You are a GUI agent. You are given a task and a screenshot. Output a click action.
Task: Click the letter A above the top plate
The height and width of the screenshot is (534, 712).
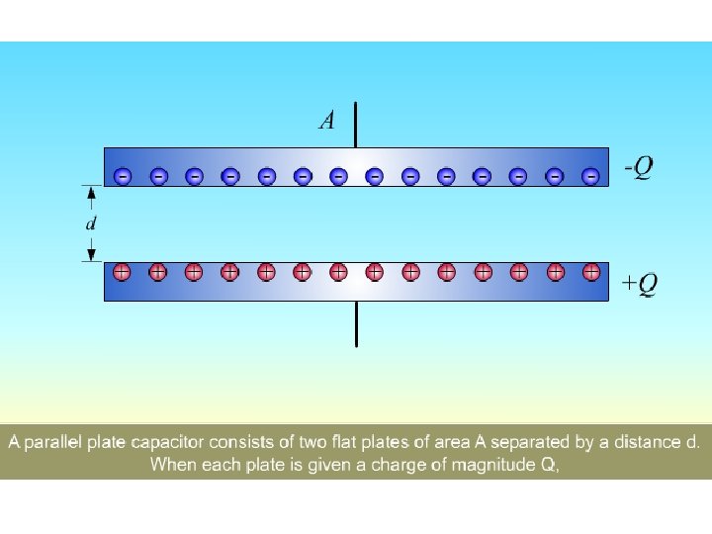tap(327, 122)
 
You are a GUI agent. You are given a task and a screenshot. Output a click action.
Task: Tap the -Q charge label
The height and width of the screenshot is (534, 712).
tap(638, 168)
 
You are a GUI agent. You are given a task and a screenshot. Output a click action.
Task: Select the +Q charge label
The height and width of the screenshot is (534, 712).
tap(639, 284)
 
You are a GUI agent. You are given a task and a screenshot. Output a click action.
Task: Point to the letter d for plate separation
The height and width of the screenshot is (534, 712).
tap(91, 223)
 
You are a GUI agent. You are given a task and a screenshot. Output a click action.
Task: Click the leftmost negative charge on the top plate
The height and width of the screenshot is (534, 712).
tap(122, 176)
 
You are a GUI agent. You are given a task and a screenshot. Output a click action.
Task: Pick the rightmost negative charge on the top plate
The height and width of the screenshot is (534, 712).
tap(591, 176)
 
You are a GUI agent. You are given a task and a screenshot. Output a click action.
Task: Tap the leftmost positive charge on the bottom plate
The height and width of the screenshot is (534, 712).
tap(122, 270)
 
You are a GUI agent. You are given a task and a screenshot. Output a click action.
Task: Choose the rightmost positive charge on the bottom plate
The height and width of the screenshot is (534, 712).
tap(591, 270)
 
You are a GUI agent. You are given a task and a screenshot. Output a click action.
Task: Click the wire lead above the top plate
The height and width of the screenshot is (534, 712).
tap(356, 125)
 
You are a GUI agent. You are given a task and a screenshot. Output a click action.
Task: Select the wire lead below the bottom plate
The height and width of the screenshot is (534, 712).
tap(356, 323)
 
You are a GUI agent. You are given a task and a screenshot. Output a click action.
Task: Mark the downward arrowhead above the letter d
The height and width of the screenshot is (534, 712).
tap(91, 195)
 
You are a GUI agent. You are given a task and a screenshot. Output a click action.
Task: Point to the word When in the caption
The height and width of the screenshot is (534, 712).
tap(172, 465)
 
